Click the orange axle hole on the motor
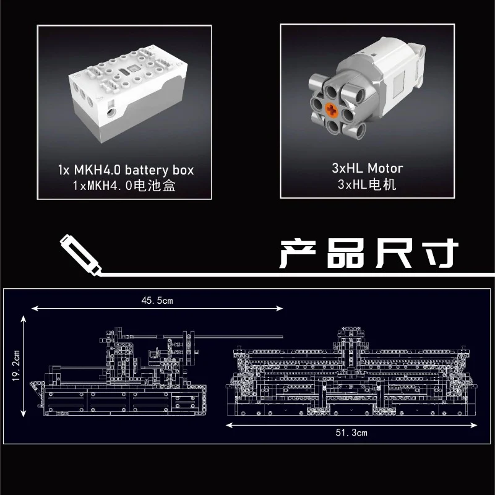(x=332, y=111)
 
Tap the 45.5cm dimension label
(x=157, y=300)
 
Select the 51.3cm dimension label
(x=351, y=433)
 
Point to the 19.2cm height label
(x=16, y=365)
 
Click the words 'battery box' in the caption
(x=160, y=171)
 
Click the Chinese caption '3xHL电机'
(x=367, y=184)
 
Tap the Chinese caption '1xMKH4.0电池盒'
(x=124, y=185)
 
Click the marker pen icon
(x=80, y=255)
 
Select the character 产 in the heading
(x=298, y=254)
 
